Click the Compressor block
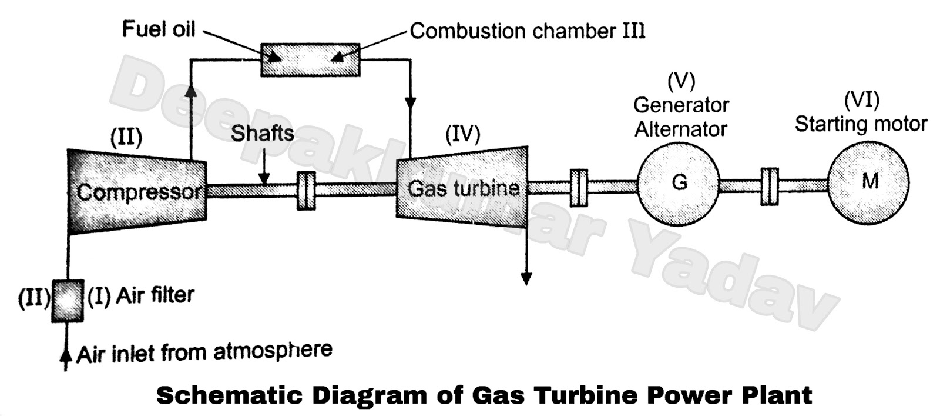(x=137, y=192)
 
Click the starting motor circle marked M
(x=868, y=182)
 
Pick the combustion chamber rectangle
(x=310, y=59)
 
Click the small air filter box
(x=67, y=300)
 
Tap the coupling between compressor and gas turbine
(x=306, y=190)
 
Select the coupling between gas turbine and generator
(x=579, y=187)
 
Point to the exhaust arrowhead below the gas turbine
(x=526, y=278)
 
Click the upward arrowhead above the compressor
(x=190, y=90)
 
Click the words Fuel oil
(x=158, y=29)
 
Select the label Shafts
(x=262, y=133)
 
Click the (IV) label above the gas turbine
(x=462, y=134)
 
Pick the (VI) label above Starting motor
(x=861, y=99)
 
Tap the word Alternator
(x=681, y=129)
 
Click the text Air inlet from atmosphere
(x=204, y=352)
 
